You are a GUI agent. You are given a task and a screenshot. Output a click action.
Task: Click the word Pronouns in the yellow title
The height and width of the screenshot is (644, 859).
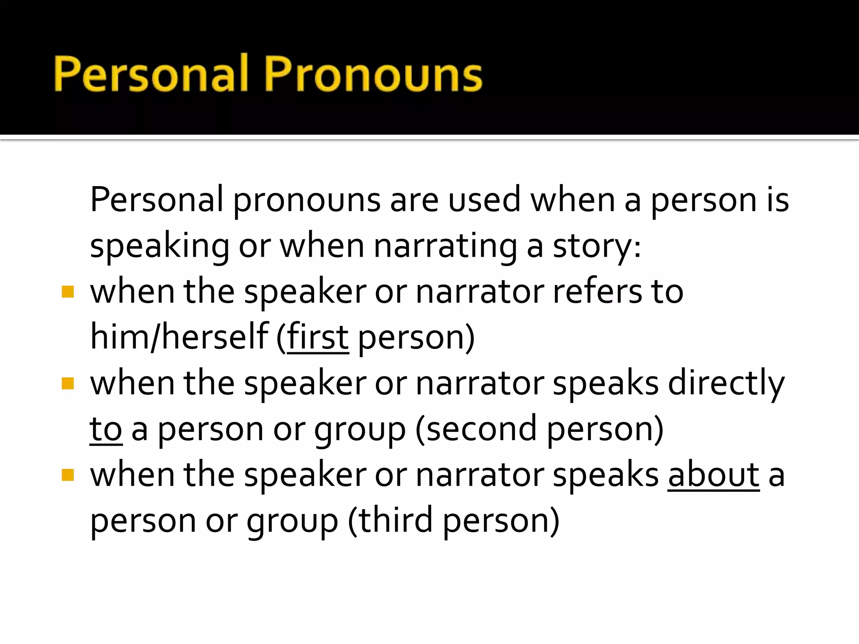[x=373, y=74]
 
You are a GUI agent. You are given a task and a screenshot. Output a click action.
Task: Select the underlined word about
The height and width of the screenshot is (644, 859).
[x=713, y=475]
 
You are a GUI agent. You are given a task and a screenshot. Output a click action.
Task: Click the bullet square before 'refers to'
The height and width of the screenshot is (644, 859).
[x=68, y=291]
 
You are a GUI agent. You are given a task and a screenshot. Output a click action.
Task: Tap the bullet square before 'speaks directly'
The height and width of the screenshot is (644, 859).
[x=68, y=383]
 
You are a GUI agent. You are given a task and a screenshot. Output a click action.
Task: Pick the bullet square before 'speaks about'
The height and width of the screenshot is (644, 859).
[x=68, y=475]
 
